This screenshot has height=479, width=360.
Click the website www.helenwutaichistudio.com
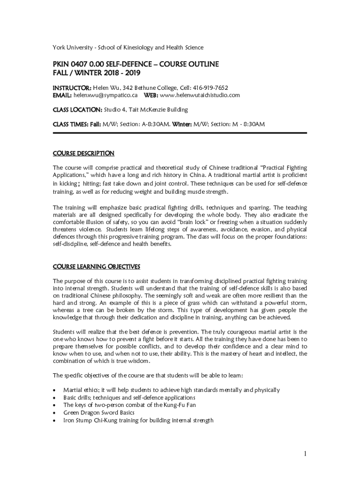pyautogui.click(x=200, y=95)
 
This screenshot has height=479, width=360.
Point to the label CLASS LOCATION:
pyautogui.click(x=77, y=109)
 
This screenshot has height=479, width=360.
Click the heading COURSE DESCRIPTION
pyautogui.click(x=83, y=153)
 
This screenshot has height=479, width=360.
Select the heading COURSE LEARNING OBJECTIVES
pyautogui.click(x=96, y=267)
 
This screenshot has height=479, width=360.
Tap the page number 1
pyautogui.click(x=304, y=454)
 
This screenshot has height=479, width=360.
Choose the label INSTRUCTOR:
pyautogui.click(x=72, y=87)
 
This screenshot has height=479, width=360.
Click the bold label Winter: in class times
pyautogui.click(x=182, y=124)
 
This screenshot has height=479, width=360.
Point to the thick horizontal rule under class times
pyautogui.click(x=180, y=133)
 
